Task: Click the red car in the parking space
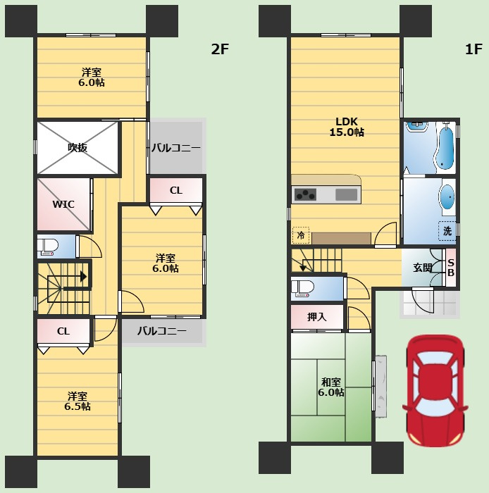coord(435,390)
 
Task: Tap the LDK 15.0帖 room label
coord(347,127)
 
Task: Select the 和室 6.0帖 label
coord(331,387)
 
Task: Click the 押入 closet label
coord(316,317)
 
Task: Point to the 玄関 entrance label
coord(422,268)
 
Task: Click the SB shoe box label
coord(451,268)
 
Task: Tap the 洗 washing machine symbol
coord(447,231)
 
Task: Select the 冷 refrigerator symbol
coord(301,235)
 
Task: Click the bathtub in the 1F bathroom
coord(446,146)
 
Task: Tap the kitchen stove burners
coord(304,194)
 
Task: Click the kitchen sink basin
coord(346,194)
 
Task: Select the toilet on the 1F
coord(302,289)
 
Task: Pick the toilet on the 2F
coord(48,247)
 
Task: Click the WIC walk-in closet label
coord(63,204)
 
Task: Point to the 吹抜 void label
coord(78,147)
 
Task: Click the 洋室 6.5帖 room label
coord(78,401)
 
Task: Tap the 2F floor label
coord(220,49)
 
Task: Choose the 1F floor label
coord(473,49)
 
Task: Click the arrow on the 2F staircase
coord(68,277)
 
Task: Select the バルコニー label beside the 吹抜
coord(176,148)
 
